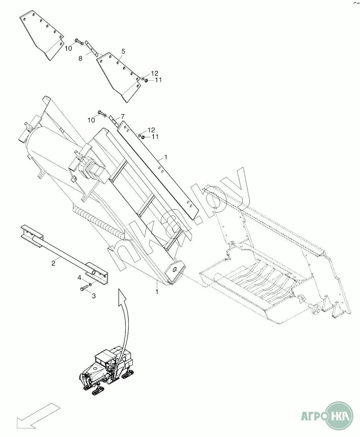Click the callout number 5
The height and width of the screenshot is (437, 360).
(x=123, y=51)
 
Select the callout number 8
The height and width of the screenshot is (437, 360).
(x=80, y=59)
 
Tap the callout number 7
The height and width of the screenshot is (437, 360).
(x=122, y=116)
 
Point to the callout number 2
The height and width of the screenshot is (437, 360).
(x=53, y=263)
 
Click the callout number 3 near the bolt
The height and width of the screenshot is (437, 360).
(x=94, y=296)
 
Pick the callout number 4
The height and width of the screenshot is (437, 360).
(x=79, y=278)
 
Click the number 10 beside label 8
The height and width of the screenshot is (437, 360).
(x=68, y=48)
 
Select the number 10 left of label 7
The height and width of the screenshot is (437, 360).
(x=91, y=120)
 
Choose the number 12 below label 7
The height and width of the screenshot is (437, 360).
(x=151, y=130)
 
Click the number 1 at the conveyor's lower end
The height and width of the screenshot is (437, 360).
(x=157, y=292)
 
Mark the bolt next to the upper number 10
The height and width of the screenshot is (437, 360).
(x=78, y=41)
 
